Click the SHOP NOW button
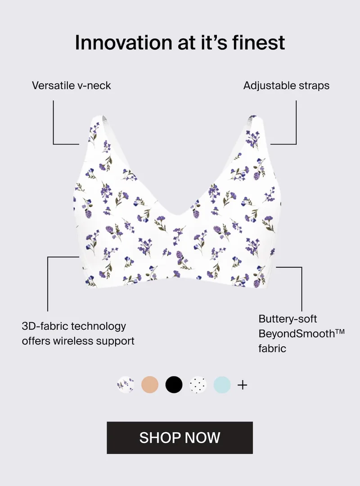(x=180, y=438)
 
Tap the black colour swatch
(x=174, y=385)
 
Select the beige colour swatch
(x=150, y=385)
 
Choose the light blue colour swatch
(x=222, y=385)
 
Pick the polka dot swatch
(x=198, y=385)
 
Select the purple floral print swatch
(x=126, y=385)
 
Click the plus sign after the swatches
(x=243, y=385)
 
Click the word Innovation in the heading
(x=124, y=42)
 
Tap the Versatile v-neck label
(x=71, y=85)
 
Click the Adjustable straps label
(x=286, y=85)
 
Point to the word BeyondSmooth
(x=297, y=334)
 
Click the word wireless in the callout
(x=73, y=341)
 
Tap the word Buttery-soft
(x=288, y=319)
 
